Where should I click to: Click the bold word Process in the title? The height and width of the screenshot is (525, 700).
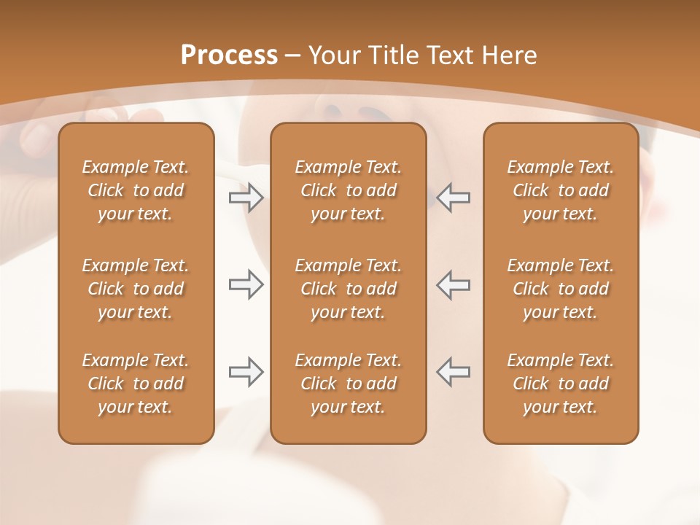point(229,55)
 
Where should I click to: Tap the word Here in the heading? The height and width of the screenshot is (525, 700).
point(510,55)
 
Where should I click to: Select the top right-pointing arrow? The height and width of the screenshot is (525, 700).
point(246,198)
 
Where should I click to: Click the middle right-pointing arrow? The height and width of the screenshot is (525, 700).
point(246,285)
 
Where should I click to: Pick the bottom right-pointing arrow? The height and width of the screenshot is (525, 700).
point(246,372)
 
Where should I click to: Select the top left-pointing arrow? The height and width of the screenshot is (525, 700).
point(453,198)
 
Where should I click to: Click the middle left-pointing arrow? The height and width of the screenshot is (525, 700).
point(453,285)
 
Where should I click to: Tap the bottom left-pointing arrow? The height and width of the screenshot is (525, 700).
point(453,372)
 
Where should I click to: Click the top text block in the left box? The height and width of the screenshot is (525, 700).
point(136,190)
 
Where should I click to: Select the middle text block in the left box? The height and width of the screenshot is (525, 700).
point(136,289)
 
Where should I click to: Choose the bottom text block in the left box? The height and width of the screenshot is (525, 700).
point(136,384)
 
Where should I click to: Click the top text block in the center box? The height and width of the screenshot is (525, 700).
point(348,190)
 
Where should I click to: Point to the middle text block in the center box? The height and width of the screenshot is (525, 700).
point(348,289)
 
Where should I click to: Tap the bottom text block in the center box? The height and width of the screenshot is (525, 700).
point(348,384)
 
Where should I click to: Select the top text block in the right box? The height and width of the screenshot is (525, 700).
point(560,190)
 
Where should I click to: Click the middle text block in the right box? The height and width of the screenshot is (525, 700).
point(560,289)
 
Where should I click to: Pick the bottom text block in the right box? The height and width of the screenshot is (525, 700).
point(560,384)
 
